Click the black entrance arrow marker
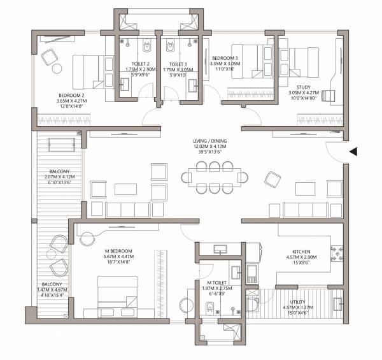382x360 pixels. pos(353,152)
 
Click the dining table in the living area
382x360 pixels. pos(214,176)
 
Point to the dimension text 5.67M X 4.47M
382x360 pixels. pos(120,256)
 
